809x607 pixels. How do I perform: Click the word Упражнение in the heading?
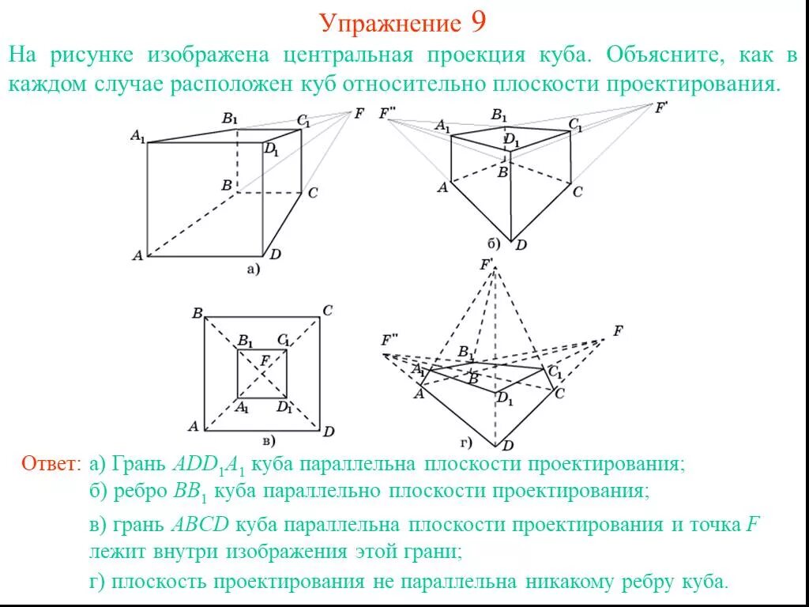[389, 24]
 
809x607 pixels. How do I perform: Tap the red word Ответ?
[51, 463]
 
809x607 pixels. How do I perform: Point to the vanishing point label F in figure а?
[359, 113]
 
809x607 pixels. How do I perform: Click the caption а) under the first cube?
[252, 270]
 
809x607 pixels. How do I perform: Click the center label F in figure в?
[265, 361]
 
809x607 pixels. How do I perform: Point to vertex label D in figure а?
[275, 254]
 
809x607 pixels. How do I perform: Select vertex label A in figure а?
[137, 255]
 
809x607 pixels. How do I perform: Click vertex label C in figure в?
[327, 310]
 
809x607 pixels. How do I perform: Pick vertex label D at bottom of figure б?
[521, 245]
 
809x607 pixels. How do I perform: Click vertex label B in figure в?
[197, 313]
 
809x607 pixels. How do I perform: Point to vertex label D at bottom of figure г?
[508, 446]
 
